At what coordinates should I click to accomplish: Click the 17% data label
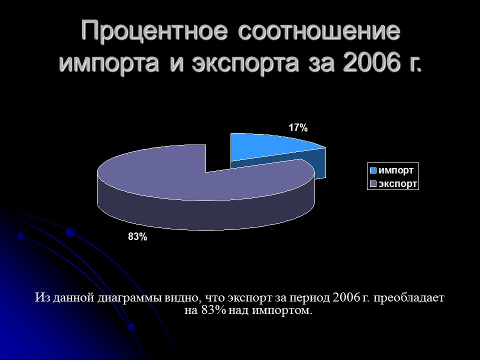tap(298, 128)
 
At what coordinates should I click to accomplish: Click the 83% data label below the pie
tap(137, 237)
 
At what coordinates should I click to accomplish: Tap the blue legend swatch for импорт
tap(373, 170)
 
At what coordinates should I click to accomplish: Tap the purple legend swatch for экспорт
tap(373, 184)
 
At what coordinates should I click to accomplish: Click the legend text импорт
tap(396, 170)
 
